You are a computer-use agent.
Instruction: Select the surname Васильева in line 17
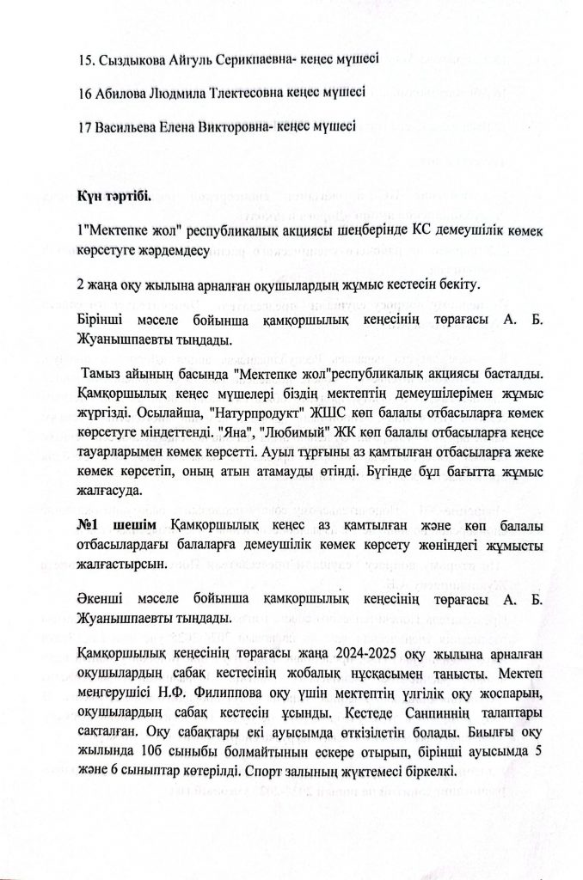pyautogui.click(x=124, y=125)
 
